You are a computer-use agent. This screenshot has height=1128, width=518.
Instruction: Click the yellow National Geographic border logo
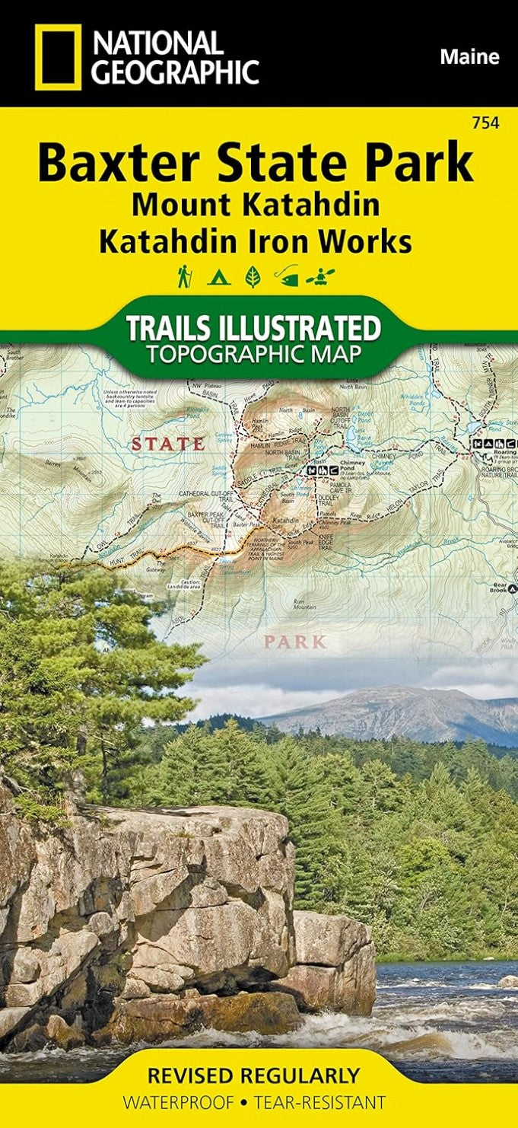pos(58,57)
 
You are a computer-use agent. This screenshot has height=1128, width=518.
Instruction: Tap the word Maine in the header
pos(469,57)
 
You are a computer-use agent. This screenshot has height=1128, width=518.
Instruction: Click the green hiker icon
pos(184,276)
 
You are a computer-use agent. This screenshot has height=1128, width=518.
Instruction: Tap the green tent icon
pos(218,277)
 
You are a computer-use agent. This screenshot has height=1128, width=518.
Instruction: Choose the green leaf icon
pos(253,277)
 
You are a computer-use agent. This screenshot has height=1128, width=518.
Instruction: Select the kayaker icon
pos(320,277)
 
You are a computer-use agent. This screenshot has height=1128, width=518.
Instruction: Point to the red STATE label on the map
pos(167,444)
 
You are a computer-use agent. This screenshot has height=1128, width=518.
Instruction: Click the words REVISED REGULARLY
pos(253,1075)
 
